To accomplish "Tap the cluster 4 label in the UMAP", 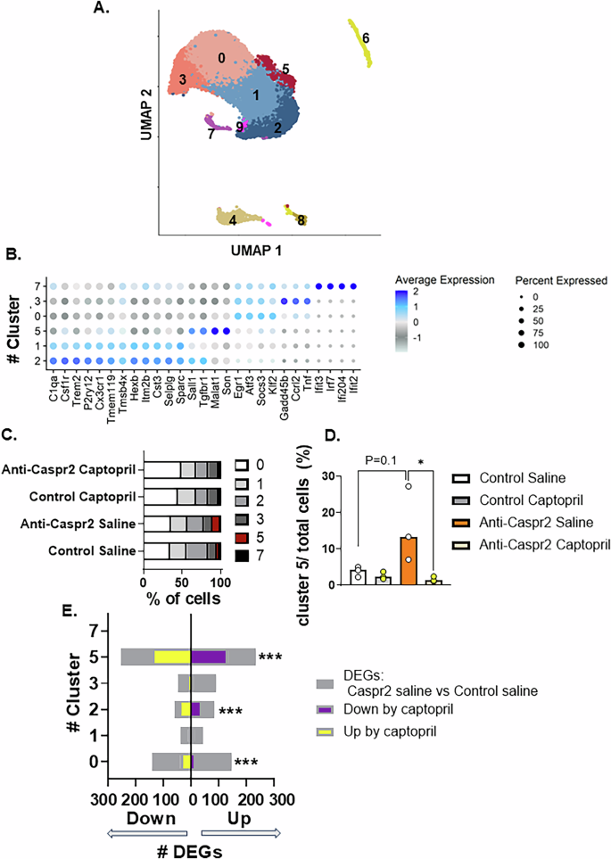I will pos(233,219).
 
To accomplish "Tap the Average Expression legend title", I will pos(443,279).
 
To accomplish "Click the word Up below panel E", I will pos(239,818).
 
